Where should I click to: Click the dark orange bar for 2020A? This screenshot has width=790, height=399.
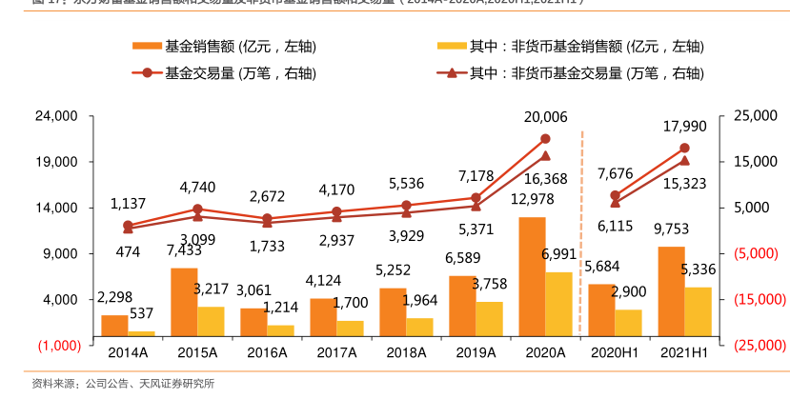532,276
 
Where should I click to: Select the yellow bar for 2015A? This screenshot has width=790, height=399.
210,321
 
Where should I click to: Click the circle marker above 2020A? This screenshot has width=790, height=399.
545,139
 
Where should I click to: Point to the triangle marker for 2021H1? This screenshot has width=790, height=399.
684,160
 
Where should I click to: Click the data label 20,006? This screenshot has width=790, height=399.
545,117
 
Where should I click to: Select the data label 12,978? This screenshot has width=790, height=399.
532,198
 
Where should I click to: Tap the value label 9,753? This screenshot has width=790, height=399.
671,229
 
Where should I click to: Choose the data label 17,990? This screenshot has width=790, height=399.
684,126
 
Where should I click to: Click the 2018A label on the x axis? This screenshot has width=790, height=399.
406,351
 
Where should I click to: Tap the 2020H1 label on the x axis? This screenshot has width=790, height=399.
615,351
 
